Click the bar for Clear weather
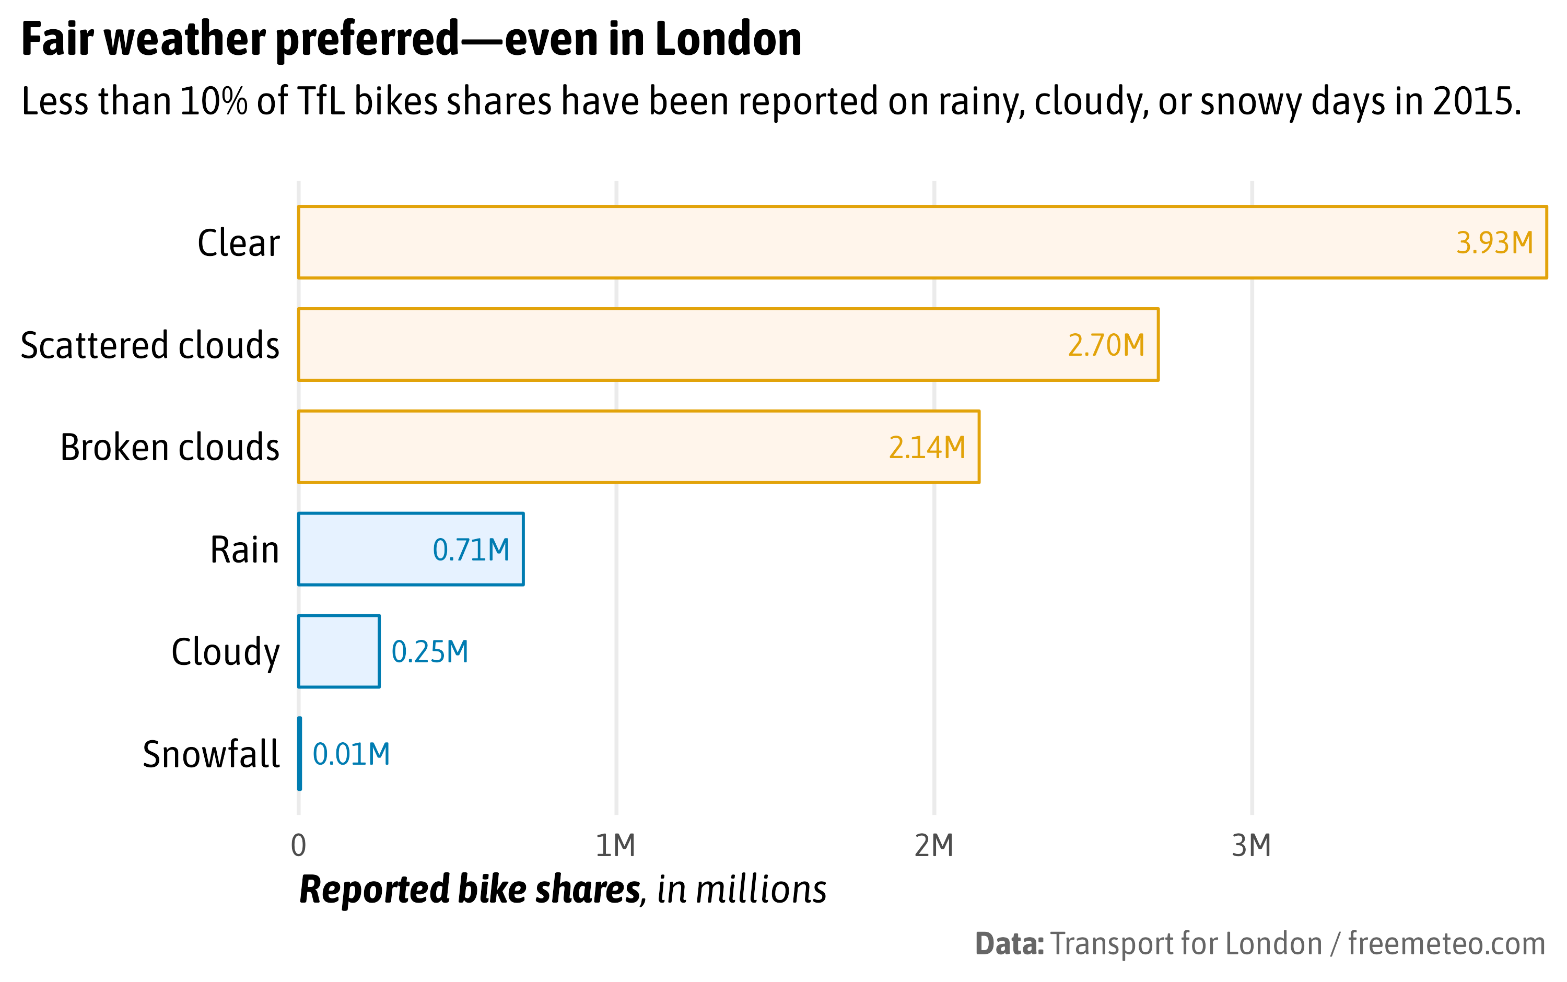point(922,242)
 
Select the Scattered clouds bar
point(727,344)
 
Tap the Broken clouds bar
point(638,447)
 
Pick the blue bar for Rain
point(411,549)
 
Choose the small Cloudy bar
point(339,651)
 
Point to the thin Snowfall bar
point(299,753)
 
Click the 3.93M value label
point(1494,243)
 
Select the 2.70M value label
point(1106,345)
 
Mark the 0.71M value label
point(471,550)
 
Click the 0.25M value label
point(429,651)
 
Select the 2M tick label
point(934,846)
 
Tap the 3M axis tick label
point(1251,846)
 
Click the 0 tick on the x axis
point(298,846)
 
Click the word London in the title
point(729,39)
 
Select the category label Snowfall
point(211,754)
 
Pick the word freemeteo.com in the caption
point(1446,943)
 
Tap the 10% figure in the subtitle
point(214,101)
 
